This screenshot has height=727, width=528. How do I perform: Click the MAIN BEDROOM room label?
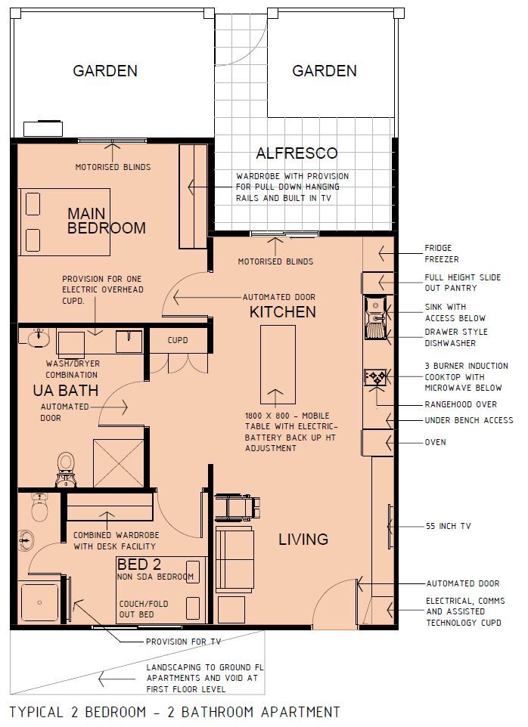[106, 219]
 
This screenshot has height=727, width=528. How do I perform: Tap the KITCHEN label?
[283, 312]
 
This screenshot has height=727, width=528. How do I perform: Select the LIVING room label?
[303, 539]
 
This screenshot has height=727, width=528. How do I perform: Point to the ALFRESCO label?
[297, 153]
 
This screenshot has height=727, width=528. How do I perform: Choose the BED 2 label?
[138, 564]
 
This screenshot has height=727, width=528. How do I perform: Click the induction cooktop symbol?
[376, 377]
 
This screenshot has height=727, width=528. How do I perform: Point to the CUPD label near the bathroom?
[178, 341]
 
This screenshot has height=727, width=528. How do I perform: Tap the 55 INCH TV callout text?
[448, 526]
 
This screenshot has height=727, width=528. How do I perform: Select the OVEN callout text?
[435, 442]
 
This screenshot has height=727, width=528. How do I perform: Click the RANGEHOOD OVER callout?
[461, 404]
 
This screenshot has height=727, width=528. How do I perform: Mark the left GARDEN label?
[105, 71]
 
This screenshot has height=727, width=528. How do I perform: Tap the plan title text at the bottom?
[174, 712]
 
